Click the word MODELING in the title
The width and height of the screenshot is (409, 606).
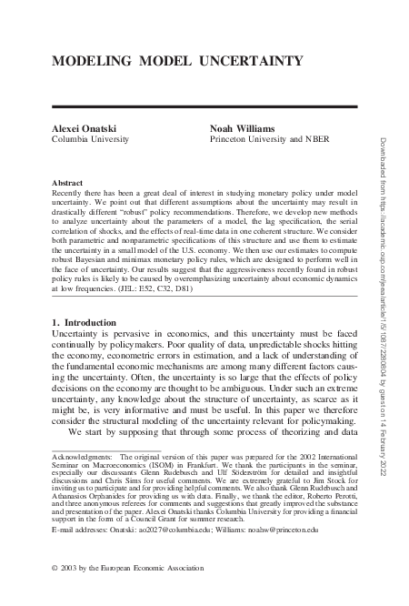81,61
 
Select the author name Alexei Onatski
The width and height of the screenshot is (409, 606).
76,131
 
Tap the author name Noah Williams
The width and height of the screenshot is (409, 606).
239,131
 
